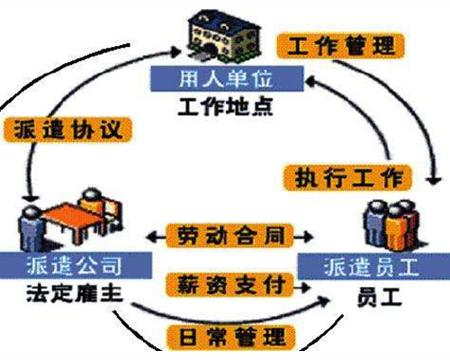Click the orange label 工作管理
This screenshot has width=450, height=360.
340,46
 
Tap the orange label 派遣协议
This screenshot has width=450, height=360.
67,130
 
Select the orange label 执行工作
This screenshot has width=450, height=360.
347,178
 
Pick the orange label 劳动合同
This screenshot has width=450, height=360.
229,236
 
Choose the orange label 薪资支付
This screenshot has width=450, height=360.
229,285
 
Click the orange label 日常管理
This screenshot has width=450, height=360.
231,337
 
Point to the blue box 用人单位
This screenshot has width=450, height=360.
227,78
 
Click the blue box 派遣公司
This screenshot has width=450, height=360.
76,265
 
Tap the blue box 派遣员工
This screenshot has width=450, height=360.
373,266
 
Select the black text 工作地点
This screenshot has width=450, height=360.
225,106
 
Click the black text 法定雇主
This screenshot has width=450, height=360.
75,292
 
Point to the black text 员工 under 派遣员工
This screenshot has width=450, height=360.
379,298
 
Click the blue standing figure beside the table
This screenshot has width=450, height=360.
31,227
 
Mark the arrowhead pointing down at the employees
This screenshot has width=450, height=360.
434,181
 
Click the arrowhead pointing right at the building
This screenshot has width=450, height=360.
176,50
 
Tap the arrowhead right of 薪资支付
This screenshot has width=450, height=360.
305,288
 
